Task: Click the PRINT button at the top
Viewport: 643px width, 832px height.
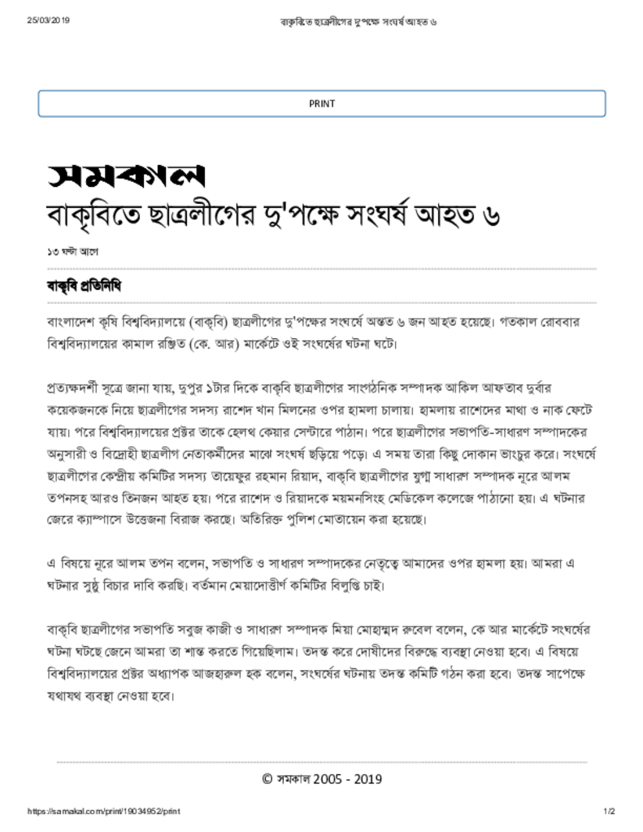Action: tap(321, 104)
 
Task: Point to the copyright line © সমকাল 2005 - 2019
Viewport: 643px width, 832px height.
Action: tap(321, 779)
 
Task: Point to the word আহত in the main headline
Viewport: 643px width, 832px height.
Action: tap(429, 217)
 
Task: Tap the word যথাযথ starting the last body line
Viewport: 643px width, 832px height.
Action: tap(66, 696)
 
